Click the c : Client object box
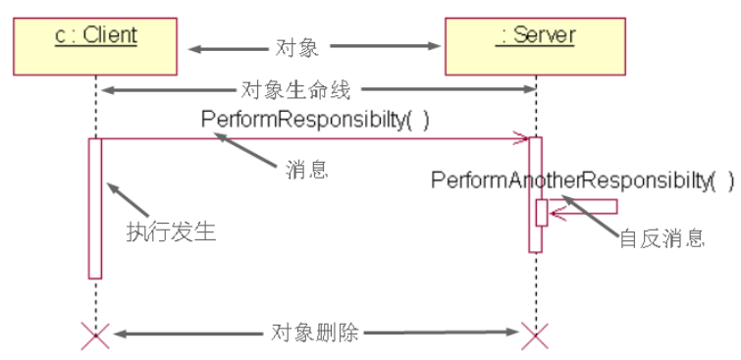pyautogui.click(x=95, y=45)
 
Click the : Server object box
pyautogui.click(x=536, y=45)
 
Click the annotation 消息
pyautogui.click(x=306, y=169)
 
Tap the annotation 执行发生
pyautogui.click(x=170, y=231)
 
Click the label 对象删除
pyautogui.click(x=314, y=334)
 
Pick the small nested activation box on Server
pyautogui.click(x=542, y=212)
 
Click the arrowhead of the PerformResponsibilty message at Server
pyautogui.click(x=523, y=138)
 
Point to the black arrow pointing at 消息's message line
pyautogui.click(x=245, y=149)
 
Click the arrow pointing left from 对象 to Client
pyautogui.click(x=221, y=46)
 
